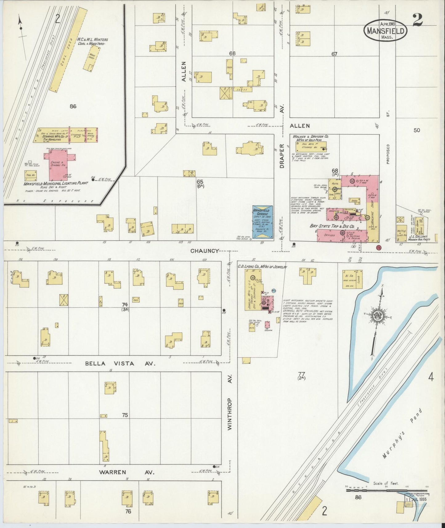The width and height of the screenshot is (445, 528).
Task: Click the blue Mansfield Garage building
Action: (x=262, y=222)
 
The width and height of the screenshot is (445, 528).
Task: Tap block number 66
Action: (x=232, y=54)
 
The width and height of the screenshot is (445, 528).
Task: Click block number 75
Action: (x=124, y=415)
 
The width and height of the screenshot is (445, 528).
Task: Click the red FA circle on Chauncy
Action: (x=378, y=247)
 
